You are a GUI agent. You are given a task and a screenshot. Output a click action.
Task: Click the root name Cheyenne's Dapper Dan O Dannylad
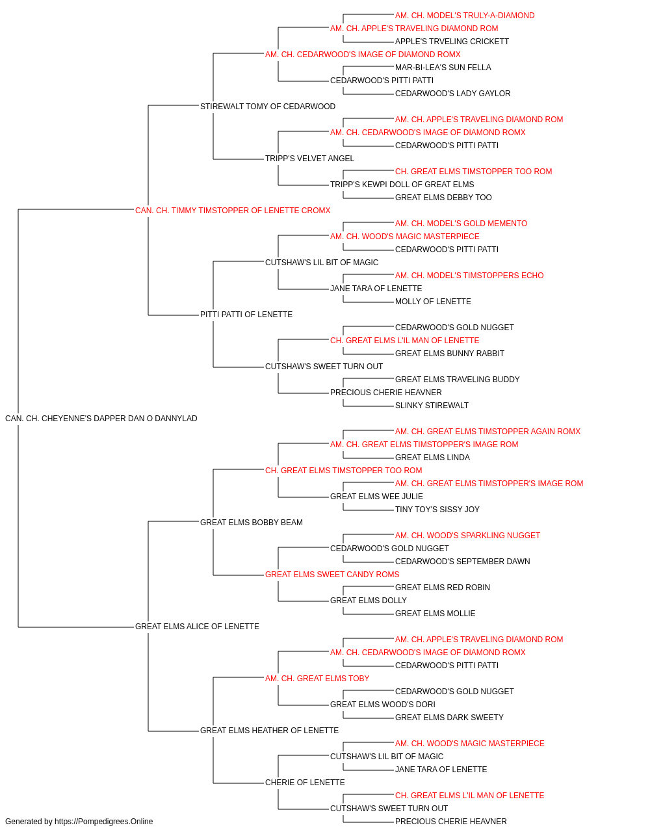(x=101, y=419)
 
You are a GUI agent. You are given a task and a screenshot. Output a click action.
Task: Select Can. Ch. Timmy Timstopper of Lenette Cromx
(x=232, y=211)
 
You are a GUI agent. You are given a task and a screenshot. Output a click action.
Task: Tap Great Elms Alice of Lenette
(x=197, y=627)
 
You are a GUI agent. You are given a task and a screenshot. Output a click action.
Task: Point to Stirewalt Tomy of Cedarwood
(x=268, y=107)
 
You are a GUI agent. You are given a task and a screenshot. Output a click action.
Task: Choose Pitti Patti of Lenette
(x=246, y=315)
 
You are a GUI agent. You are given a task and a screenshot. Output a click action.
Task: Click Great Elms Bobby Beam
(x=251, y=523)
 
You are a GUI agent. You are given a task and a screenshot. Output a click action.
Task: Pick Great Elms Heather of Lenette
(x=269, y=731)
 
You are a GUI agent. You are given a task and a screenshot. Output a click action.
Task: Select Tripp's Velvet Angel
(x=309, y=159)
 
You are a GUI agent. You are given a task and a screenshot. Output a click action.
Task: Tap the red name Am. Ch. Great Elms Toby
(x=317, y=679)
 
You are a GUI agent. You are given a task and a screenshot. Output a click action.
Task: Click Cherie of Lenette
(x=305, y=783)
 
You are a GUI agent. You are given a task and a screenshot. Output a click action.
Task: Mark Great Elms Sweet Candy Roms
(x=332, y=575)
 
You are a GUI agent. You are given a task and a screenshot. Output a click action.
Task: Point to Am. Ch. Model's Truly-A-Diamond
(x=465, y=16)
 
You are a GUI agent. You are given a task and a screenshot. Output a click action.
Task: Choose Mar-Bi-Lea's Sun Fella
(x=443, y=68)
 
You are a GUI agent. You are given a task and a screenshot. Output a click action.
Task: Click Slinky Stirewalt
(x=432, y=406)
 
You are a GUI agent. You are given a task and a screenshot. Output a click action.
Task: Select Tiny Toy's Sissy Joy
(x=437, y=510)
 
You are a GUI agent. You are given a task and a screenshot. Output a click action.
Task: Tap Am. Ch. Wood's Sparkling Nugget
(x=467, y=536)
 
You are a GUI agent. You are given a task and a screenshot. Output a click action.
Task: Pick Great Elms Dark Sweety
(x=449, y=718)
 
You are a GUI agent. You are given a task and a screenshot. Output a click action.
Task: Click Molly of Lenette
(x=433, y=302)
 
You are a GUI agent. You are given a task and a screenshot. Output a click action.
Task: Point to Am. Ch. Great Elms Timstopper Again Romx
(x=487, y=432)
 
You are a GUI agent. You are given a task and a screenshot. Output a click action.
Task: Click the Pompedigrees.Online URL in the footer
(x=103, y=822)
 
